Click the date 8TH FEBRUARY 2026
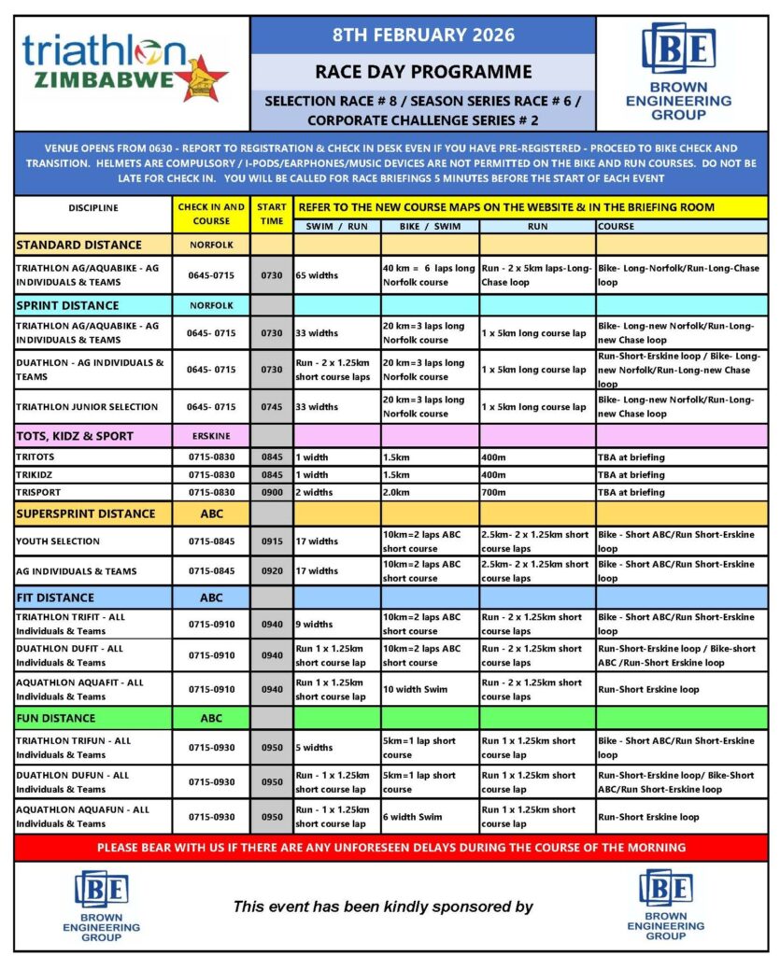423,35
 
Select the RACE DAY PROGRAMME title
423,72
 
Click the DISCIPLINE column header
93,208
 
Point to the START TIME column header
272,214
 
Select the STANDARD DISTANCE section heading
79,246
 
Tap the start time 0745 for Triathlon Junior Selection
272,407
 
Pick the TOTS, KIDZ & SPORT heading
75,436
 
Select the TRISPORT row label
42,492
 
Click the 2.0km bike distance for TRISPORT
398,492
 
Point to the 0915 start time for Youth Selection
272,541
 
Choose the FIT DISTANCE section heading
55,597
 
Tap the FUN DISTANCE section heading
56,718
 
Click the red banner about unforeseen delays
390,848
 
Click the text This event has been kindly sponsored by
382,907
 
